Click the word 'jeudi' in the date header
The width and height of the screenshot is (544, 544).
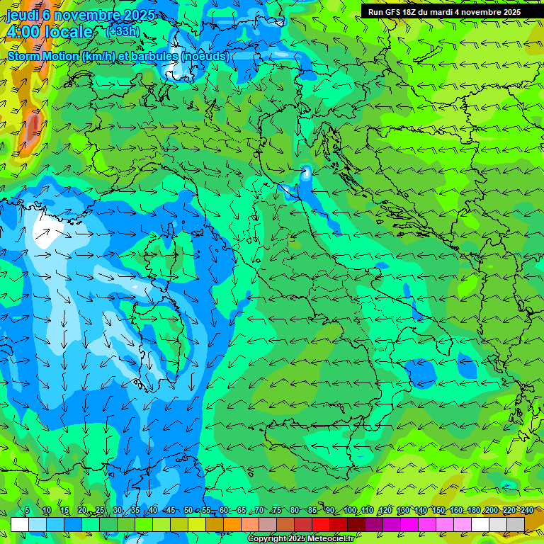(x=22, y=14)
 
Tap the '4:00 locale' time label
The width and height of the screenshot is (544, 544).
(x=50, y=32)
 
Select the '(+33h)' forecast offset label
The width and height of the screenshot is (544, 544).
(x=123, y=32)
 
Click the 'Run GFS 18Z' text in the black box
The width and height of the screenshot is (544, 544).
(x=392, y=12)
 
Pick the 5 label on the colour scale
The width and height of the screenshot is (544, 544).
(x=28, y=511)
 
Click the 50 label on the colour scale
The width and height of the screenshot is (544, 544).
(x=188, y=511)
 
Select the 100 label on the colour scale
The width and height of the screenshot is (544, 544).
(x=350, y=511)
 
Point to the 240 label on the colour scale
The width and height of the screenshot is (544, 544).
(x=526, y=511)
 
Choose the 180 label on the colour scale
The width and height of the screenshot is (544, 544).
(x=472, y=511)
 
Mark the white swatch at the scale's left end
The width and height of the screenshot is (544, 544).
(x=20, y=524)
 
